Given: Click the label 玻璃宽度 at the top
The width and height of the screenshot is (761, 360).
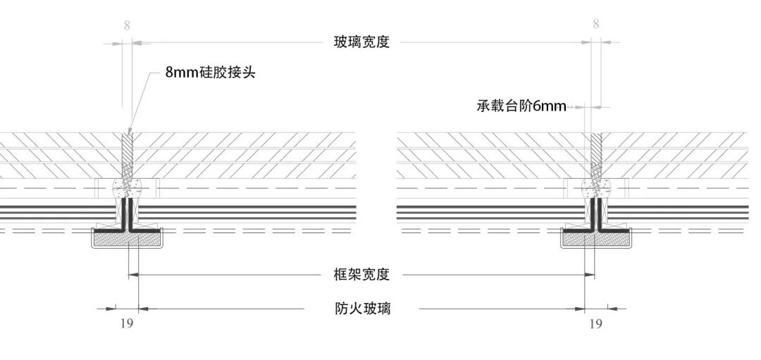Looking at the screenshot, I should (361, 42).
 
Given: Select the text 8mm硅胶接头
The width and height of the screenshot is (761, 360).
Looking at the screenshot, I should (209, 72).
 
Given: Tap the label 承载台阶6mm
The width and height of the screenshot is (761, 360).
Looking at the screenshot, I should (521, 106).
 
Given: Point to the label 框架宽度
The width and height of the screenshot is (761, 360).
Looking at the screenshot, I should (361, 275).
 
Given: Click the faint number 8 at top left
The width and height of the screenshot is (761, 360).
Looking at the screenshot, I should (127, 26).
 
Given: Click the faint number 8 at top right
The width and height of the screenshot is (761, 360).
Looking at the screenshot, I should (596, 24).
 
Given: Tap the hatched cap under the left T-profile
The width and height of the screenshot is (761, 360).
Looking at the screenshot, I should (128, 240).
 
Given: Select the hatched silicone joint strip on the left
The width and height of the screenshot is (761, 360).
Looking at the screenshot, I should (128, 155).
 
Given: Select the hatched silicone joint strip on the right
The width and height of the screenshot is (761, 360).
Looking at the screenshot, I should (596, 155).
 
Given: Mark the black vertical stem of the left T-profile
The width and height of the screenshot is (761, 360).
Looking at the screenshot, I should (128, 212).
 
